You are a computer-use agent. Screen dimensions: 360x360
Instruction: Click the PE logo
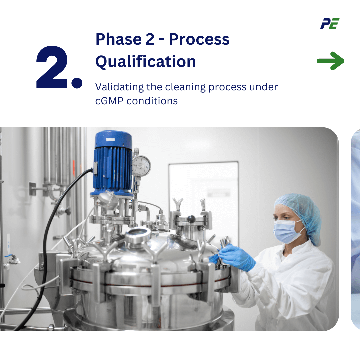coord(330,24)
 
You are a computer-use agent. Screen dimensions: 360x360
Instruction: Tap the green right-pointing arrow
coord(330,61)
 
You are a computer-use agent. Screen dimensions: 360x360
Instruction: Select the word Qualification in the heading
coord(146,61)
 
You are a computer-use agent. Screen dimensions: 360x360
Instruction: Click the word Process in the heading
coord(199,39)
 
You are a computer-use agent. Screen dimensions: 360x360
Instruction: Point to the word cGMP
coord(109,101)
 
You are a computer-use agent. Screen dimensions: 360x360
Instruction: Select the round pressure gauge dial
coord(141,166)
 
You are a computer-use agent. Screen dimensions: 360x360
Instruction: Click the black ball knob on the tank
coord(191,219)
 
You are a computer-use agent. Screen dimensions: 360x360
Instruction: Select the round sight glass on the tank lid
coord(139,232)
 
